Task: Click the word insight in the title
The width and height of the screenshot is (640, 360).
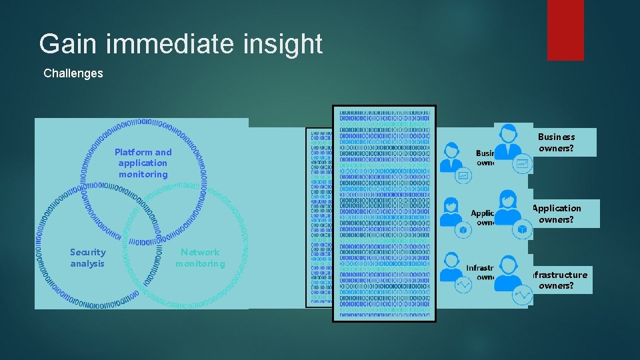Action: coord(284,44)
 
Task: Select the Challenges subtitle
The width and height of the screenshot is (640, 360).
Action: coord(73,73)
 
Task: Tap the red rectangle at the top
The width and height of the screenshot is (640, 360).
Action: coord(565,29)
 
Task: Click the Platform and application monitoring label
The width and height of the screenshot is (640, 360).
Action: coord(143,163)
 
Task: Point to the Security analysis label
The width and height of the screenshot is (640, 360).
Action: coord(87,258)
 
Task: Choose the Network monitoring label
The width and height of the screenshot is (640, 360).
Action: coord(200,258)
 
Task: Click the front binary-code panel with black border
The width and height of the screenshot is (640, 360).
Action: coord(384,213)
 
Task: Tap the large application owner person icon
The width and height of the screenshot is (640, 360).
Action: coord(509,207)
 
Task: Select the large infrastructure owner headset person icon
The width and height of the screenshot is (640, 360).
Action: coord(509,273)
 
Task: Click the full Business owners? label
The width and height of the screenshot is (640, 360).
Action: coord(557,142)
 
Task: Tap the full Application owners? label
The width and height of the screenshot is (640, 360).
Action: coord(557,213)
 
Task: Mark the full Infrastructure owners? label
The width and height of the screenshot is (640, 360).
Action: coord(557,280)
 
